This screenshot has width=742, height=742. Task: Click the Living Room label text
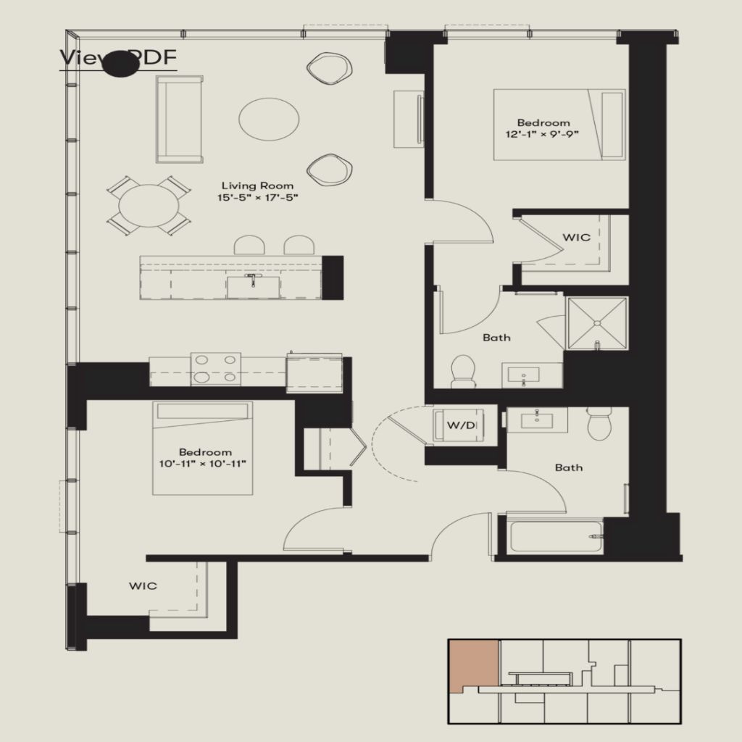pos(258,185)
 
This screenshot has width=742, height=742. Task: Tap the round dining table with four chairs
pos(149,206)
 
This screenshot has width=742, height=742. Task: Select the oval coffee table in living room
pos(269,120)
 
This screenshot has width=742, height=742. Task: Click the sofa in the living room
pos(180,119)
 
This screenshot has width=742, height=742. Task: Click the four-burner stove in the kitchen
pos(216,368)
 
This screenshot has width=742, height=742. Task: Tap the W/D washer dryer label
pos(461,425)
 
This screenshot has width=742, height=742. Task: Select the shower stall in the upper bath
pos(597,322)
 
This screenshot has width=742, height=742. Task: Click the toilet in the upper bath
pos(462,371)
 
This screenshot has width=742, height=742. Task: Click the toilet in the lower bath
pos(600,424)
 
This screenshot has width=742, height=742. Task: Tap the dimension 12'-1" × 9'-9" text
pos(543,134)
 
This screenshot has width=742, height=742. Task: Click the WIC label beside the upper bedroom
pos(577,237)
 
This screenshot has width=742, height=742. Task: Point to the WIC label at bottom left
pos(143,585)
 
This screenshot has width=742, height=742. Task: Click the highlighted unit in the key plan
pos(473,664)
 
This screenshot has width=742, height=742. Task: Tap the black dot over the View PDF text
pos(120,64)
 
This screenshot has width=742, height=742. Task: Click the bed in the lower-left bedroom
pos(203,449)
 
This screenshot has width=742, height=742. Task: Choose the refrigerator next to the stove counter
pos(314,372)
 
